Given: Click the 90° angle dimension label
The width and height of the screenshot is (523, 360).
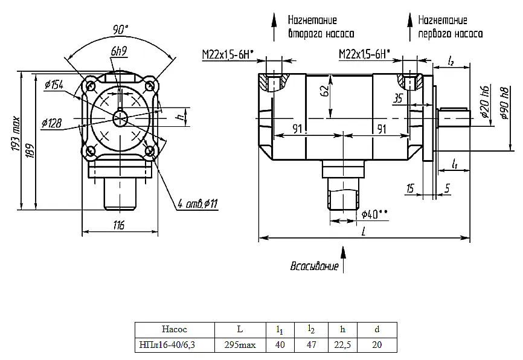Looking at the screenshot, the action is click(120, 30).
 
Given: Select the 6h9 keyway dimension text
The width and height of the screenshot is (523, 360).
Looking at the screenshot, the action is click(119, 51).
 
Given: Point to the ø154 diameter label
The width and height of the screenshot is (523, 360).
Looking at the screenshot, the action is click(54, 85).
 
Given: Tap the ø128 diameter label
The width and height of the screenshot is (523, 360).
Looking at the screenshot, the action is click(52, 123).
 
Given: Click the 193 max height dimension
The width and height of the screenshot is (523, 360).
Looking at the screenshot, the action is click(16, 133).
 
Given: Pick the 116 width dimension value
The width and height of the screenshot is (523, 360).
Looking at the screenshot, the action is click(118, 225).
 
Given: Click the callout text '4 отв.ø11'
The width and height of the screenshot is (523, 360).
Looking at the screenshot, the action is click(197, 203).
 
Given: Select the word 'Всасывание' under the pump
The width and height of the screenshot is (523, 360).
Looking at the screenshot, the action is click(314, 266).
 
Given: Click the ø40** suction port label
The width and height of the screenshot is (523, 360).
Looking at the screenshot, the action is click(374, 214).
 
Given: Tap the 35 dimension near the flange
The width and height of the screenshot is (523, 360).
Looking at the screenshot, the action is click(397, 98).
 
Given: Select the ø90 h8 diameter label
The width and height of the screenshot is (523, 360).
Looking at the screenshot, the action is click(505, 103).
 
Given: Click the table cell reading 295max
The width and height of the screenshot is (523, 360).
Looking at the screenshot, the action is click(240, 345).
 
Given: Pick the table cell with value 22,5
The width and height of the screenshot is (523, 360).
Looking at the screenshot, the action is click(342, 345).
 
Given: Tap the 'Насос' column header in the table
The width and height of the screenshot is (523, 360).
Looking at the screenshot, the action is click(175, 329).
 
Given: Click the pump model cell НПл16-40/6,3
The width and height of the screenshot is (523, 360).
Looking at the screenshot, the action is click(167, 345).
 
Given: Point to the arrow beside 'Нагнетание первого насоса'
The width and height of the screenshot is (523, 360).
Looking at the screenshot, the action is click(410, 27).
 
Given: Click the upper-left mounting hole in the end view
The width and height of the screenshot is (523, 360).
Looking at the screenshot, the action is click(91, 86).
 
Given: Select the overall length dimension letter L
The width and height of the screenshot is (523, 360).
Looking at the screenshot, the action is click(364, 231).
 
